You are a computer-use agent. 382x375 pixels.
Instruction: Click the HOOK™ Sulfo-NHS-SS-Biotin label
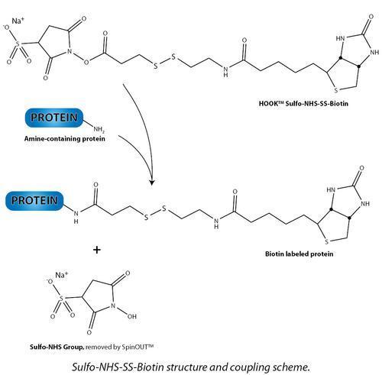[x=303, y=104]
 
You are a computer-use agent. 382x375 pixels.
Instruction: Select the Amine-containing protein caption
[x=65, y=139]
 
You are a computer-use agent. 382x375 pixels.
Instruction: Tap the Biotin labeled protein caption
[x=299, y=254]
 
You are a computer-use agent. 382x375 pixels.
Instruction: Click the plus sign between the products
[x=97, y=250]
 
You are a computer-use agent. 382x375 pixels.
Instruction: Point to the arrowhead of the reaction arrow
[x=152, y=182]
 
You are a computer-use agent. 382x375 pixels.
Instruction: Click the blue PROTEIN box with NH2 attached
[x=54, y=118]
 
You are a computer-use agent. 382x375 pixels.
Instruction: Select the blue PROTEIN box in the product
[x=34, y=201]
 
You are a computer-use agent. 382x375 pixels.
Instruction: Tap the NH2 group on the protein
[x=99, y=129]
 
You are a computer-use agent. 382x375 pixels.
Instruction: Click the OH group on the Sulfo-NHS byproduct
[x=132, y=316]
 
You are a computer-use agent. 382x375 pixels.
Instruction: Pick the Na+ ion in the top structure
[x=18, y=21]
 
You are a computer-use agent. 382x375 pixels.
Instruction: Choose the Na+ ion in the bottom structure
[x=62, y=275]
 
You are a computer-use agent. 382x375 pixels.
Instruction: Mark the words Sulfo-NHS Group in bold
[x=57, y=347]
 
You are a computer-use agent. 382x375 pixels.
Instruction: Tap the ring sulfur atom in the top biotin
[x=336, y=90]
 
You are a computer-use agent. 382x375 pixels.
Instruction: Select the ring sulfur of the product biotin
[x=327, y=241]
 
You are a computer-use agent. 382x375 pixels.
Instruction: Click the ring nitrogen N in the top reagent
[x=70, y=51]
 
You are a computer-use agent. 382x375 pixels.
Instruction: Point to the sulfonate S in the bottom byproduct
[x=61, y=298]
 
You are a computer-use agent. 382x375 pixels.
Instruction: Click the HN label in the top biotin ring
[x=340, y=38]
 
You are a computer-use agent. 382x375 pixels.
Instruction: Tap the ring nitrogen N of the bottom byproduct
[x=113, y=305]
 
